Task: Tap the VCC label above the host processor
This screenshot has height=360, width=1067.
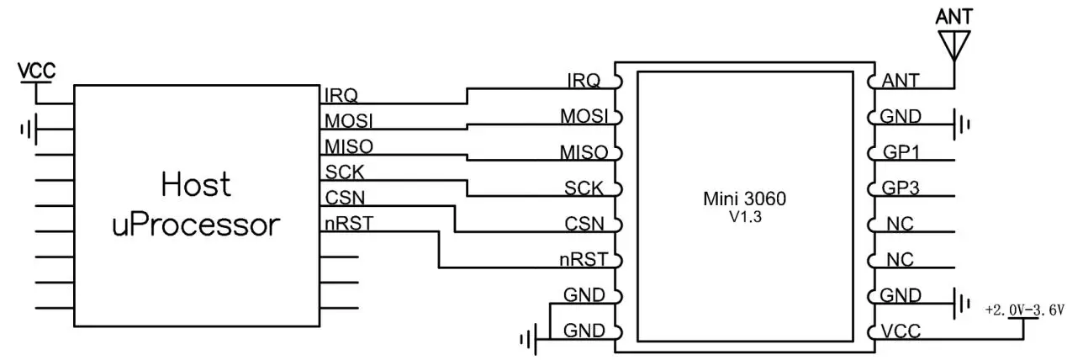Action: (x=37, y=71)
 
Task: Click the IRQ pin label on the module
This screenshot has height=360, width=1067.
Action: (x=584, y=81)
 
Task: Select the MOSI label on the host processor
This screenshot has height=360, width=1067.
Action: (x=349, y=120)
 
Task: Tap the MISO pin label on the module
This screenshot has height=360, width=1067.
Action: (x=584, y=152)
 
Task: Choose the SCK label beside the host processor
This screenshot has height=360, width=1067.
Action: (x=342, y=172)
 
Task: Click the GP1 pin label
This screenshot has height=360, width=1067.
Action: (x=901, y=153)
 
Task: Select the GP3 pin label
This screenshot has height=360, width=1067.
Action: (x=901, y=188)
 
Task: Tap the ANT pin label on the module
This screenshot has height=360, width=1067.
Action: (x=901, y=82)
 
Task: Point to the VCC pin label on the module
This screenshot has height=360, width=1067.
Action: (x=901, y=332)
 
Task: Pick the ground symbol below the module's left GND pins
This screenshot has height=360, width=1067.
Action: (x=528, y=340)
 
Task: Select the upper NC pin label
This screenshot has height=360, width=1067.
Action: (x=896, y=225)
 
